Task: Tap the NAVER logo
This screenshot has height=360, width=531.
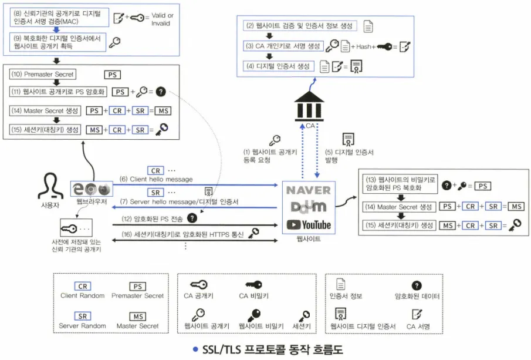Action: (308, 190)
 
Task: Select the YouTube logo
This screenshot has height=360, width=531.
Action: (309, 224)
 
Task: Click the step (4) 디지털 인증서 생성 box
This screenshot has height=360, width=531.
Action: (279, 66)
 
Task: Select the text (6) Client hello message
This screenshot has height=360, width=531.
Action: (156, 179)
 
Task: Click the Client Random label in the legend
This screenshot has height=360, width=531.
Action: (83, 295)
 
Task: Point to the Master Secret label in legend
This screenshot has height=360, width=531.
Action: (137, 326)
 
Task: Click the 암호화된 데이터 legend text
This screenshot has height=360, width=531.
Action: (417, 297)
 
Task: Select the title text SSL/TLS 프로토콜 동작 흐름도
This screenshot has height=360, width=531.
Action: (272, 349)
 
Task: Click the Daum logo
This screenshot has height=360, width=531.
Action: (308, 207)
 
